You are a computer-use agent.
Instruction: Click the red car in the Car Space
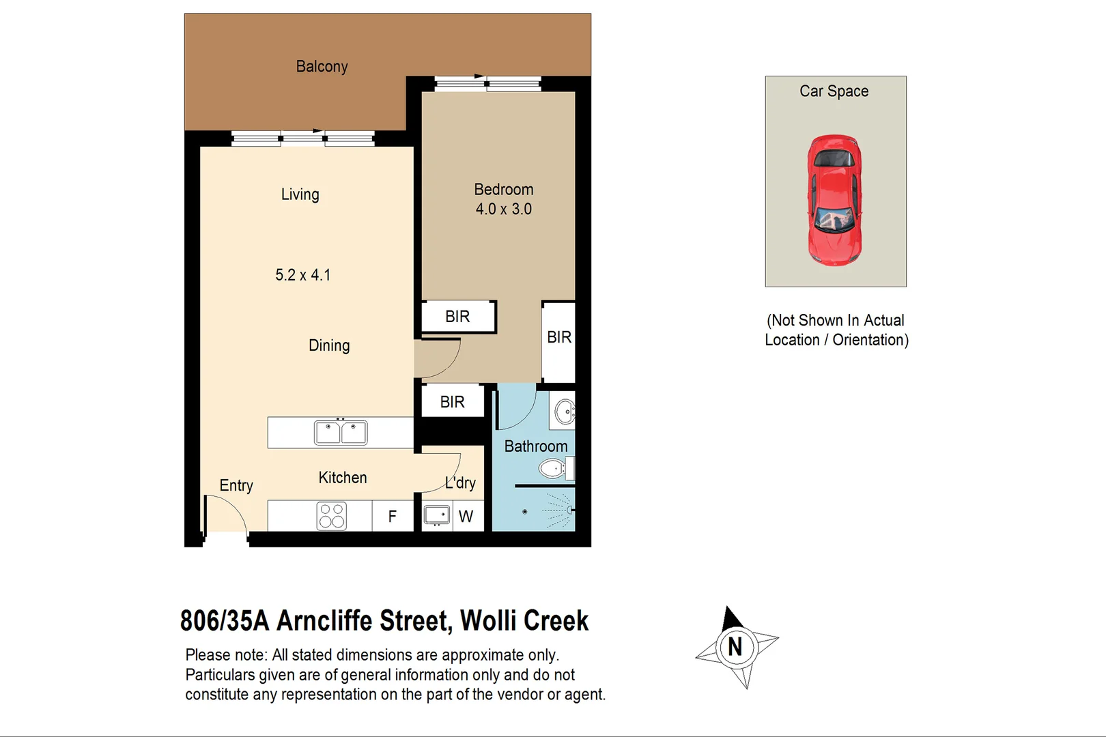coord(834,200)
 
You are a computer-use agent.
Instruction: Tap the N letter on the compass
coord(735,647)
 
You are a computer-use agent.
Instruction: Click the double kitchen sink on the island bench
coord(341,433)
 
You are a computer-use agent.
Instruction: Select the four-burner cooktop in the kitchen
coord(332,516)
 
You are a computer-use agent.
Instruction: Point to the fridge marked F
coord(393,517)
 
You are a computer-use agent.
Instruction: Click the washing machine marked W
coord(466,517)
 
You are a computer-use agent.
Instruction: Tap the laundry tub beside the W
coord(437,515)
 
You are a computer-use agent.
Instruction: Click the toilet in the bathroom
coord(554,469)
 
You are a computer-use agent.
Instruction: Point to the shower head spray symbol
coord(560,510)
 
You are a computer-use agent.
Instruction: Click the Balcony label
coord(322,67)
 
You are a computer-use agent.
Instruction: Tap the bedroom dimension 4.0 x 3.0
coord(504,209)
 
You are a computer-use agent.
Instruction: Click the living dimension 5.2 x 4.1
coord(302,275)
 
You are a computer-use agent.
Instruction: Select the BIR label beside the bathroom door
coord(452,402)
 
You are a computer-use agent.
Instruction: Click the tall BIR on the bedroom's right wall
coord(559,338)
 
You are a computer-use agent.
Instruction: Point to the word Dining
coord(329,345)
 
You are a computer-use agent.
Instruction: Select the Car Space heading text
coord(834,91)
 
